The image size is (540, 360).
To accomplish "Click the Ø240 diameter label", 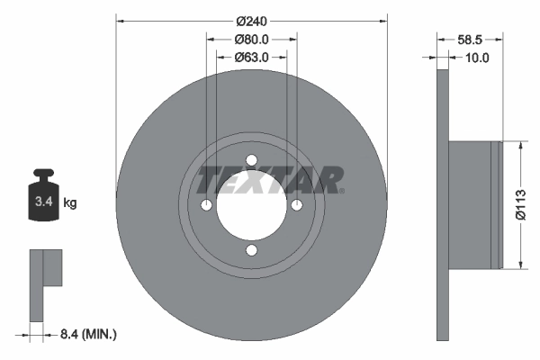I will [x=252, y=20].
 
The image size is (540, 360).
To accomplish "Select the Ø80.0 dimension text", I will [x=252, y=40].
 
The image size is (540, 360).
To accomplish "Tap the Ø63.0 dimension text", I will [x=252, y=58].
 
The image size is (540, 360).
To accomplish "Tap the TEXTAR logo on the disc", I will [x=270, y=179].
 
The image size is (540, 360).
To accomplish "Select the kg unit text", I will [x=70, y=203].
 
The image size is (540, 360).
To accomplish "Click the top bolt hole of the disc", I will [x=252, y=161].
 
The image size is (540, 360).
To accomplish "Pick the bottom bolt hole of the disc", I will [x=252, y=250].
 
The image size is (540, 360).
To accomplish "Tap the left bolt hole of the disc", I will [x=207, y=206].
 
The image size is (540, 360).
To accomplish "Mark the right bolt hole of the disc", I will [x=296, y=206].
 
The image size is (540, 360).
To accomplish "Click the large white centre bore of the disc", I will [x=252, y=205].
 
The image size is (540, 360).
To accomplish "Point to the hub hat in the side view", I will [x=473, y=205].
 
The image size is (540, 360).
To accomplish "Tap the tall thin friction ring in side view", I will [x=442, y=205].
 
